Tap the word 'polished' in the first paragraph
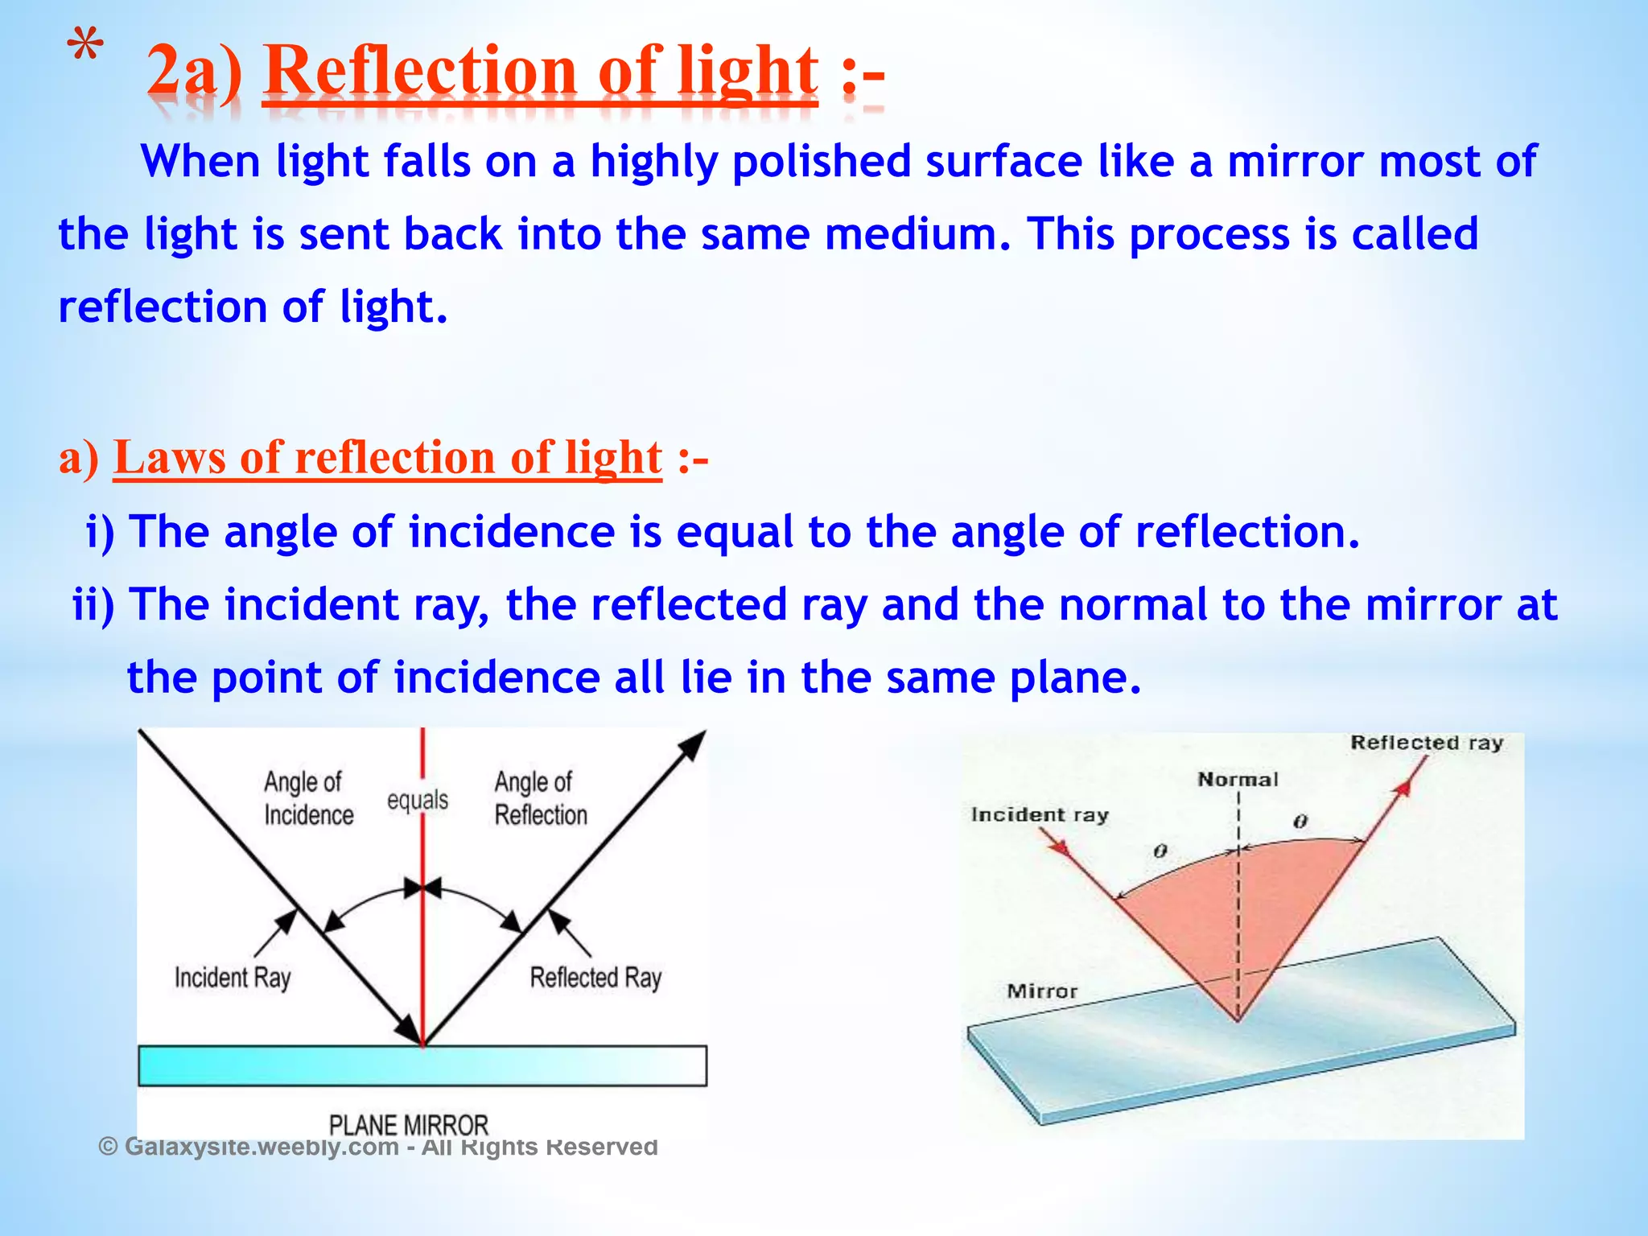pos(821,162)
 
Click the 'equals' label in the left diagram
pos(417,800)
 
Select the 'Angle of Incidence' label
pos(307,798)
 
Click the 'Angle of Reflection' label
pos(540,798)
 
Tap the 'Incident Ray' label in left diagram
pos(233,978)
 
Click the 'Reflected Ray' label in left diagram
pos(595,978)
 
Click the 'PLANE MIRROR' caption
pos(409,1124)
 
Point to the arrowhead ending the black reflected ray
pos(693,744)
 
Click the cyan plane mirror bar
pos(422,1066)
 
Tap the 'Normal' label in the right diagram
pos(1238,779)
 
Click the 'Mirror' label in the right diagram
pos(1042,991)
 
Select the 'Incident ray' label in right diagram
pos(1040,814)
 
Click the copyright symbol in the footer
pos(108,1146)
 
